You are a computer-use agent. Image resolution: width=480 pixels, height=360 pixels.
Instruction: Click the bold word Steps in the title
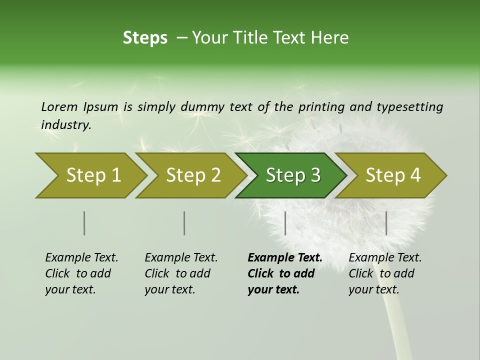145,38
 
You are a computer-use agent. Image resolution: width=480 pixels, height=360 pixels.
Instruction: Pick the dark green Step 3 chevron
292,175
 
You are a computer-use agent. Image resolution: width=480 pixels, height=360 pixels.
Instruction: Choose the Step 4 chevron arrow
392,175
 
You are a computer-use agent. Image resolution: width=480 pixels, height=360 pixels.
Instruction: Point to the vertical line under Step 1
84,223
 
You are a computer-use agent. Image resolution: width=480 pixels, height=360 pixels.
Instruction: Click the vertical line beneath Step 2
184,223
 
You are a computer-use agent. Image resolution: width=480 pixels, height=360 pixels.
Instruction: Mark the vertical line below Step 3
285,223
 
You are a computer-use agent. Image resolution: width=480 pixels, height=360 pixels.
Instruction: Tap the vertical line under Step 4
386,223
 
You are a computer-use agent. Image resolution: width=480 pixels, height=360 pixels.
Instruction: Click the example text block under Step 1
81,273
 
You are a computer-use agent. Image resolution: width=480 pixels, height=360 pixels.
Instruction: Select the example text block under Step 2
181,273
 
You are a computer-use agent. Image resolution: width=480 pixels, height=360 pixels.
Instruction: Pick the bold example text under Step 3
284,273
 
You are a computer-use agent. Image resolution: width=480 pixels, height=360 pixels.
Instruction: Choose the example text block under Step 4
385,273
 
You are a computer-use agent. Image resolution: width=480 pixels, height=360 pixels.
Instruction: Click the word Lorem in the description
59,106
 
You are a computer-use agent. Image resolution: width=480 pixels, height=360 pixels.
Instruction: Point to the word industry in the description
65,125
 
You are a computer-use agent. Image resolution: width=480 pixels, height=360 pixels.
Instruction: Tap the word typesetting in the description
409,107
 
